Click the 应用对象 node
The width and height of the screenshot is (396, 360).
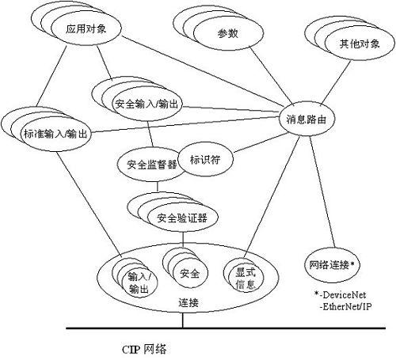(86, 28)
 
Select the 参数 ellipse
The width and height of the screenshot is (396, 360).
(228, 34)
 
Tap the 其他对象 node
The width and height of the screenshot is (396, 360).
(360, 44)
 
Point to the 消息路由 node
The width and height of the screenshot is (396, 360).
(307, 119)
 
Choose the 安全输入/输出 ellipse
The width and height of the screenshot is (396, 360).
(147, 104)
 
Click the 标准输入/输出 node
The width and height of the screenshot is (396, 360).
(56, 135)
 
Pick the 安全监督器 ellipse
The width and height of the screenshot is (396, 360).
(152, 165)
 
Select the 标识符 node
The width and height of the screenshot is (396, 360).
(205, 160)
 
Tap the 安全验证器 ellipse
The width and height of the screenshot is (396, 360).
(183, 218)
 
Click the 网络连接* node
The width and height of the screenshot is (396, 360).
(331, 265)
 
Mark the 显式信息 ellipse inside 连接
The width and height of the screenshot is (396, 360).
(246, 278)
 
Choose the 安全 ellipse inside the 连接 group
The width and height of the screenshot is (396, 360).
(190, 274)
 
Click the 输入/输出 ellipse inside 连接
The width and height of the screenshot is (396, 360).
(139, 282)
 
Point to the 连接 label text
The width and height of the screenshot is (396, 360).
(188, 302)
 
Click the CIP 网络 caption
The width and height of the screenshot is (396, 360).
(144, 349)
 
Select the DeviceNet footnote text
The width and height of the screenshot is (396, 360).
(340, 294)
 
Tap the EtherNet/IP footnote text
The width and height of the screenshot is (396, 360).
(345, 307)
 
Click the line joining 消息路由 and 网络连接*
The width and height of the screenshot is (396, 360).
(322, 191)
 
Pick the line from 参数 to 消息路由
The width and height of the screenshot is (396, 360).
(272, 76)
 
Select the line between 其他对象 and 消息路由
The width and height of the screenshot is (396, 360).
(336, 83)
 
